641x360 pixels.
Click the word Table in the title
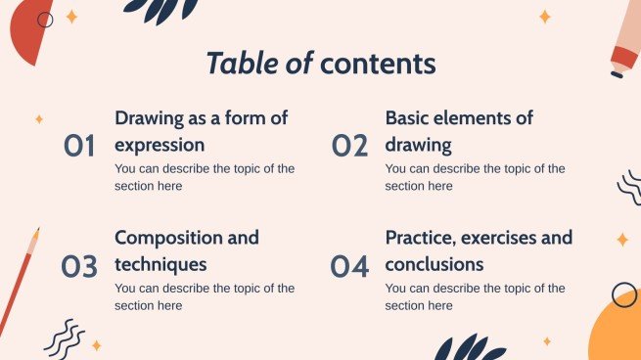point(242,64)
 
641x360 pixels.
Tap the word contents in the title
point(378,64)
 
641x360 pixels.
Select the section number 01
point(79,147)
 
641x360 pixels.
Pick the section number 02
point(349,147)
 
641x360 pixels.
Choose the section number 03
point(79,266)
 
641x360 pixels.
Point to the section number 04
point(349,266)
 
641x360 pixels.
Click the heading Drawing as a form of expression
point(201,131)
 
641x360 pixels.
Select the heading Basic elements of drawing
point(459,131)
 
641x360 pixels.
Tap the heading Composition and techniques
point(186,250)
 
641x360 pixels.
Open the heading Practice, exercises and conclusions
point(479,250)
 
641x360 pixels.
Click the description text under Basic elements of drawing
point(475,177)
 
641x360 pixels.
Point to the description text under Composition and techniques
point(204,296)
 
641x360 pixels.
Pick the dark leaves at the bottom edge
point(469,348)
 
